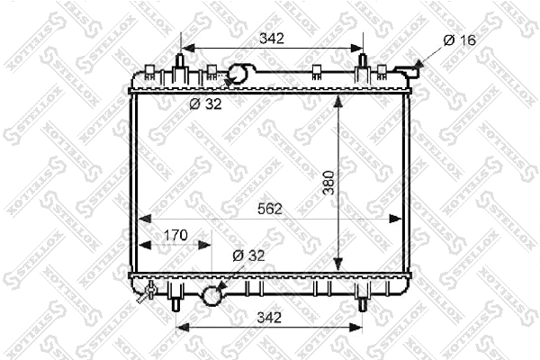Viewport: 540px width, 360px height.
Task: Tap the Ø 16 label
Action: tap(459, 40)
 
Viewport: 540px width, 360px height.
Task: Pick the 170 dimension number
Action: tap(175, 236)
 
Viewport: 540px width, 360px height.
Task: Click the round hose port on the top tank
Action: tap(241, 74)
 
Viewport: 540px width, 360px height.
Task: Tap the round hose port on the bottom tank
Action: tap(213, 293)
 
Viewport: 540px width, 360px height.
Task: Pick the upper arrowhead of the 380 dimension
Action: tap(338, 100)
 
